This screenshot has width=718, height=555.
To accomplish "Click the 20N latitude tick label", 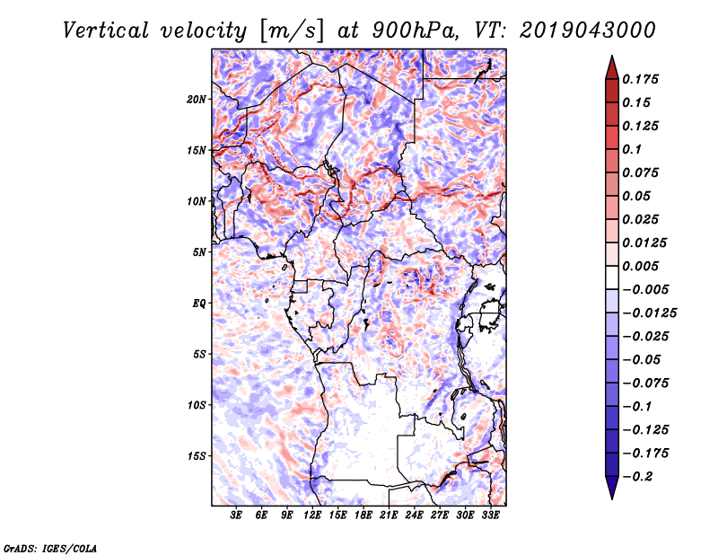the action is pos(197,100).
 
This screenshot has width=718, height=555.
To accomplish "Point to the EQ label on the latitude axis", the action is pos(198,304).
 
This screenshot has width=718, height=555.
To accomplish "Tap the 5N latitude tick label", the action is pos(199,252).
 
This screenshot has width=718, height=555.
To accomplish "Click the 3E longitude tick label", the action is pos(236,515).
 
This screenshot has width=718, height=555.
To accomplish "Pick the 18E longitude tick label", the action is pos(363,515).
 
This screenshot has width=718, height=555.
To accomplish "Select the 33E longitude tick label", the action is pos(490,515).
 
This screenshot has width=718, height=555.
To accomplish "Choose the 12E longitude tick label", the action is pos(312,515).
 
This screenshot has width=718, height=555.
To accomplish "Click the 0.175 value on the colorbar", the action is pos(640,79).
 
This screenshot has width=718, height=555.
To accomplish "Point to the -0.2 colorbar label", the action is pos(637,477).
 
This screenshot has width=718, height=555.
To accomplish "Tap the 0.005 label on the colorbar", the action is pos(640,266).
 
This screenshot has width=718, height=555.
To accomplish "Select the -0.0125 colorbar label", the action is pos(649,313).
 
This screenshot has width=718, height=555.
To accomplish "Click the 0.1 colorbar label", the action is pos(632,149).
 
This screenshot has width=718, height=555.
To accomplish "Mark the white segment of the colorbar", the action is pos(612,277).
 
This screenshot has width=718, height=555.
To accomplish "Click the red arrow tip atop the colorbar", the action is pos(612,57).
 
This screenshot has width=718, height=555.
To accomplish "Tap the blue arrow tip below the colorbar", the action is pos(612,498).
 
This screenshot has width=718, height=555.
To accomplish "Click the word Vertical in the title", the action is pos(106,31).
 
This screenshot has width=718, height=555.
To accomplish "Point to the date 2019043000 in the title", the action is pos(588,31).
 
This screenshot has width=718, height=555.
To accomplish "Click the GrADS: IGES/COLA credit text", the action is pos(50,549).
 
